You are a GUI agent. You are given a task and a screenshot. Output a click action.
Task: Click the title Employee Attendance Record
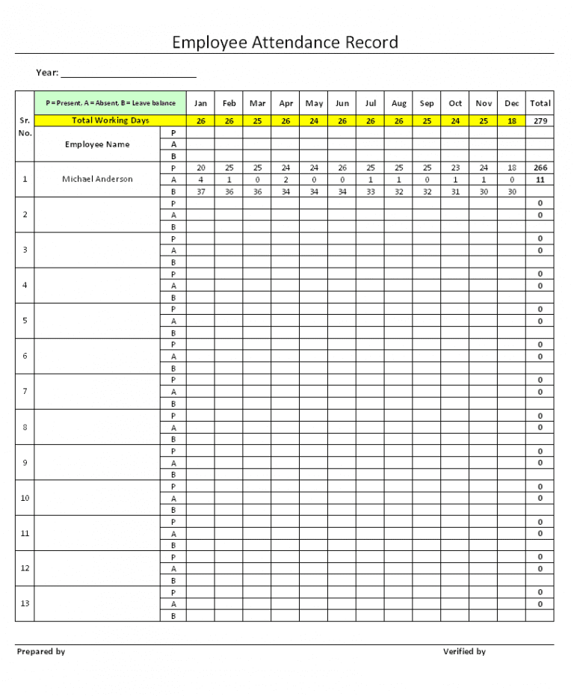click(285, 42)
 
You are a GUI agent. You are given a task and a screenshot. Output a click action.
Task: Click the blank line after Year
click(129, 73)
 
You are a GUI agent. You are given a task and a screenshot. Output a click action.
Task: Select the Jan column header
click(200, 103)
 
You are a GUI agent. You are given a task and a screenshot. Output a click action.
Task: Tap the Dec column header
click(512, 103)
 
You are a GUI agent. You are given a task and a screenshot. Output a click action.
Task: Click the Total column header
click(540, 103)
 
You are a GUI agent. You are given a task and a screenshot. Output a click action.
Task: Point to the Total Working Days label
click(111, 120)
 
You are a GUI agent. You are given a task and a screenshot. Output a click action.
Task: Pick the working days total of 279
click(540, 120)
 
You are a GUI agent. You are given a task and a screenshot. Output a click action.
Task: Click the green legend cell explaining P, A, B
click(111, 103)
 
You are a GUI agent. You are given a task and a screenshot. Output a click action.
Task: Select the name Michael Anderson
click(97, 179)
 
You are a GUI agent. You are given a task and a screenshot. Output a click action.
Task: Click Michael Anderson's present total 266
click(540, 168)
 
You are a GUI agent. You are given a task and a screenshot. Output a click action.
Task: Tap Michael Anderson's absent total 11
click(540, 179)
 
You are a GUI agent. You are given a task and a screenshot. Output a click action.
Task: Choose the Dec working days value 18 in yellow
click(512, 120)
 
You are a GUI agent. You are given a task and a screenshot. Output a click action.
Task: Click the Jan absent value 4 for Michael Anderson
click(200, 179)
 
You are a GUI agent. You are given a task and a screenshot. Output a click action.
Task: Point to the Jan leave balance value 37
click(200, 191)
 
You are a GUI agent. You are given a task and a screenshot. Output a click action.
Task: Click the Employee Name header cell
click(97, 144)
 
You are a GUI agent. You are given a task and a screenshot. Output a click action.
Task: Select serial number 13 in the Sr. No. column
click(25, 603)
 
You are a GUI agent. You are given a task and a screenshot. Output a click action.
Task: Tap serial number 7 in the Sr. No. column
click(25, 391)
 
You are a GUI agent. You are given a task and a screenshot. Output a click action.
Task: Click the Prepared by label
click(41, 652)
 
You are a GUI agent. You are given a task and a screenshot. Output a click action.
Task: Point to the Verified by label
click(464, 652)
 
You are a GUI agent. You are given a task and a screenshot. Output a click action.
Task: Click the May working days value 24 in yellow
click(315, 120)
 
